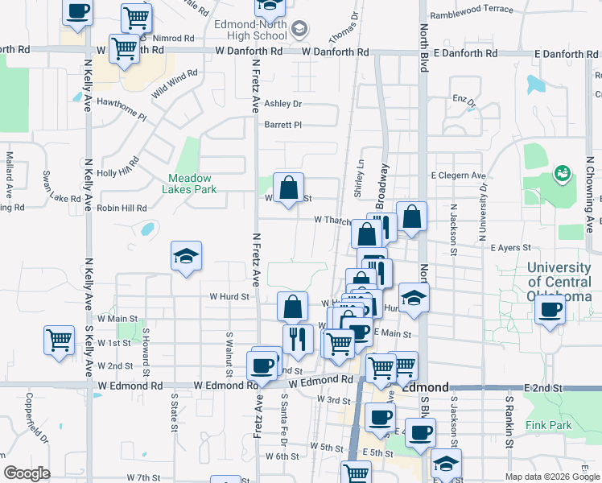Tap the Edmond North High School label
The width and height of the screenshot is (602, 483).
(251, 30)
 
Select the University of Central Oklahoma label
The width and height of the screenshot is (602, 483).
(563, 283)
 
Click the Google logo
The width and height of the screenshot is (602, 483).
(27, 473)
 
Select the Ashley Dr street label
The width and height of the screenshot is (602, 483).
(282, 104)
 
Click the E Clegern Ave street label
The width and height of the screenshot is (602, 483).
(459, 175)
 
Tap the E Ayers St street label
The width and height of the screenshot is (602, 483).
(512, 248)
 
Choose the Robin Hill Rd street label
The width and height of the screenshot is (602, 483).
(122, 208)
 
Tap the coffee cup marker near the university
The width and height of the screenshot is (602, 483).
(551, 311)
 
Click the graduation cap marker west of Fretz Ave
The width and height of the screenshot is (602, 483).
(186, 257)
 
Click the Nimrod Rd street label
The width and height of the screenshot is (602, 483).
(176, 38)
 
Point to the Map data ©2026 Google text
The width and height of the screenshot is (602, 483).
(551, 477)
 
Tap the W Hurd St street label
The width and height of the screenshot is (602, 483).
(229, 296)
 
